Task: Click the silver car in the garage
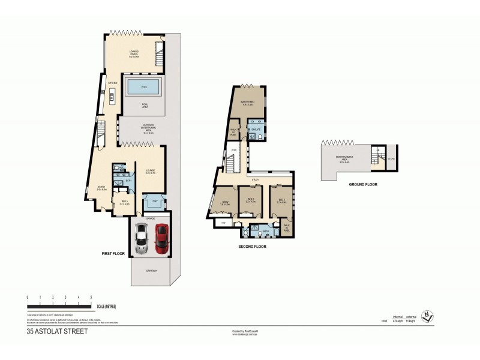(142, 238)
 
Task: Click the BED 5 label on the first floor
(124, 202)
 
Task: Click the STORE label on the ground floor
(391, 160)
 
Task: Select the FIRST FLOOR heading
(113, 254)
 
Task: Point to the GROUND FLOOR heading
(364, 184)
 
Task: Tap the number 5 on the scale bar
(91, 298)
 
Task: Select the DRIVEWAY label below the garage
(151, 271)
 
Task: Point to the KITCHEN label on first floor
(112, 82)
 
